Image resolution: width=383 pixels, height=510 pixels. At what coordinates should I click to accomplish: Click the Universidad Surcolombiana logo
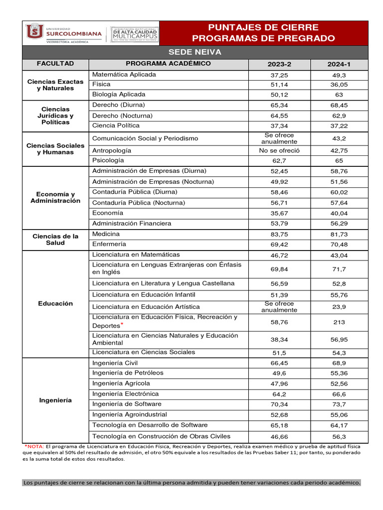coord(63,33)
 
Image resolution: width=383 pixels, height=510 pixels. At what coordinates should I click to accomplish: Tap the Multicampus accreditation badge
coord(134,33)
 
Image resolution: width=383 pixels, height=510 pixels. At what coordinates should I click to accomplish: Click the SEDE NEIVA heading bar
coord(194,52)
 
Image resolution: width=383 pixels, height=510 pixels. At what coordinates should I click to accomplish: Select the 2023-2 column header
coord(279,65)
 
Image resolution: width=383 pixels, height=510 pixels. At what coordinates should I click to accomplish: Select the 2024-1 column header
coord(339,65)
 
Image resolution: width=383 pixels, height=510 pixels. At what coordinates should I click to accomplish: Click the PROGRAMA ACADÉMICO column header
coord(168,64)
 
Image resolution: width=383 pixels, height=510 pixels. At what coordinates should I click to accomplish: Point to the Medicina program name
coord(106,234)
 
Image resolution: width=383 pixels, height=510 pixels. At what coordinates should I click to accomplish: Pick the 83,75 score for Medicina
coord(279,234)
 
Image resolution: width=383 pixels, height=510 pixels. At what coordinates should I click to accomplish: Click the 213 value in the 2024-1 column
coord(339,322)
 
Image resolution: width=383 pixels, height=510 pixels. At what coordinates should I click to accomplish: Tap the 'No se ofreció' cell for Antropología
coord(279,150)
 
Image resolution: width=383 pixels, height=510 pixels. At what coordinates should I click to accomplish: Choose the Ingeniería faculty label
coord(55,400)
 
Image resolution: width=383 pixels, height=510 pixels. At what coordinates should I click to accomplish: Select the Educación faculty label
coord(55,303)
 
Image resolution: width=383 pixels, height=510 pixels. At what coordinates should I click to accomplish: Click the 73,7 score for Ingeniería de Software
coord(339,404)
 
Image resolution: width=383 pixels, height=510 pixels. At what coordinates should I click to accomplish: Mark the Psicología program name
coord(108,160)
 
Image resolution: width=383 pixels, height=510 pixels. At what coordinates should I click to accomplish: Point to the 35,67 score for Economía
coord(279,213)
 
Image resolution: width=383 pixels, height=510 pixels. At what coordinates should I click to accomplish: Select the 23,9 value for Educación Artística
coord(339,307)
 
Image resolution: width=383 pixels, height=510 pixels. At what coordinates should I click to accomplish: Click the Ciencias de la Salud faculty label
coord(55,239)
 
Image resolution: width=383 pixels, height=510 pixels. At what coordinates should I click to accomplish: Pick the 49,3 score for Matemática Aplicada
coord(339,75)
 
